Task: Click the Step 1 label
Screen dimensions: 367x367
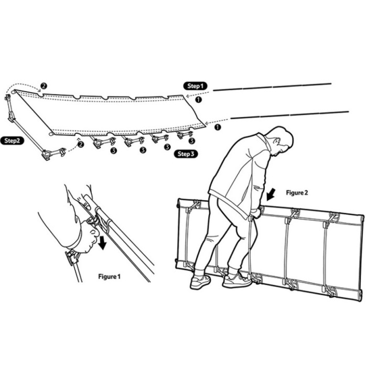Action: click(x=195, y=86)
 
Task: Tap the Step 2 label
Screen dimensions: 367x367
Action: click(x=12, y=141)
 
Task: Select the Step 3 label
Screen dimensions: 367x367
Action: click(x=186, y=154)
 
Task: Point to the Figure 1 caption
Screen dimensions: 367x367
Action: click(x=109, y=276)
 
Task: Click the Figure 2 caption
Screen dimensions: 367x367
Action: click(x=297, y=192)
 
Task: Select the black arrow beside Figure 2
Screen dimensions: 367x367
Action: click(x=271, y=195)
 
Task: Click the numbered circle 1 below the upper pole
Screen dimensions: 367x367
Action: click(x=198, y=100)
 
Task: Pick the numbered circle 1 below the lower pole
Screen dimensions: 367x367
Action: click(x=218, y=127)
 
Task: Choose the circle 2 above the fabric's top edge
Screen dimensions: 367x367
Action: click(x=44, y=86)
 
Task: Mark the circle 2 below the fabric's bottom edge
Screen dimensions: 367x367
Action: click(x=80, y=144)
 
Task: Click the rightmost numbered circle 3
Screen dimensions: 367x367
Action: click(x=192, y=141)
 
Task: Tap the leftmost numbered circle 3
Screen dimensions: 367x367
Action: click(x=114, y=150)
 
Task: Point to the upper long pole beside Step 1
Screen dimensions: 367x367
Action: click(x=272, y=87)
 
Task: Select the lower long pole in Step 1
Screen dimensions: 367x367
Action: click(x=290, y=115)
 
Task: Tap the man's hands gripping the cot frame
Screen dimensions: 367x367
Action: click(x=256, y=212)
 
